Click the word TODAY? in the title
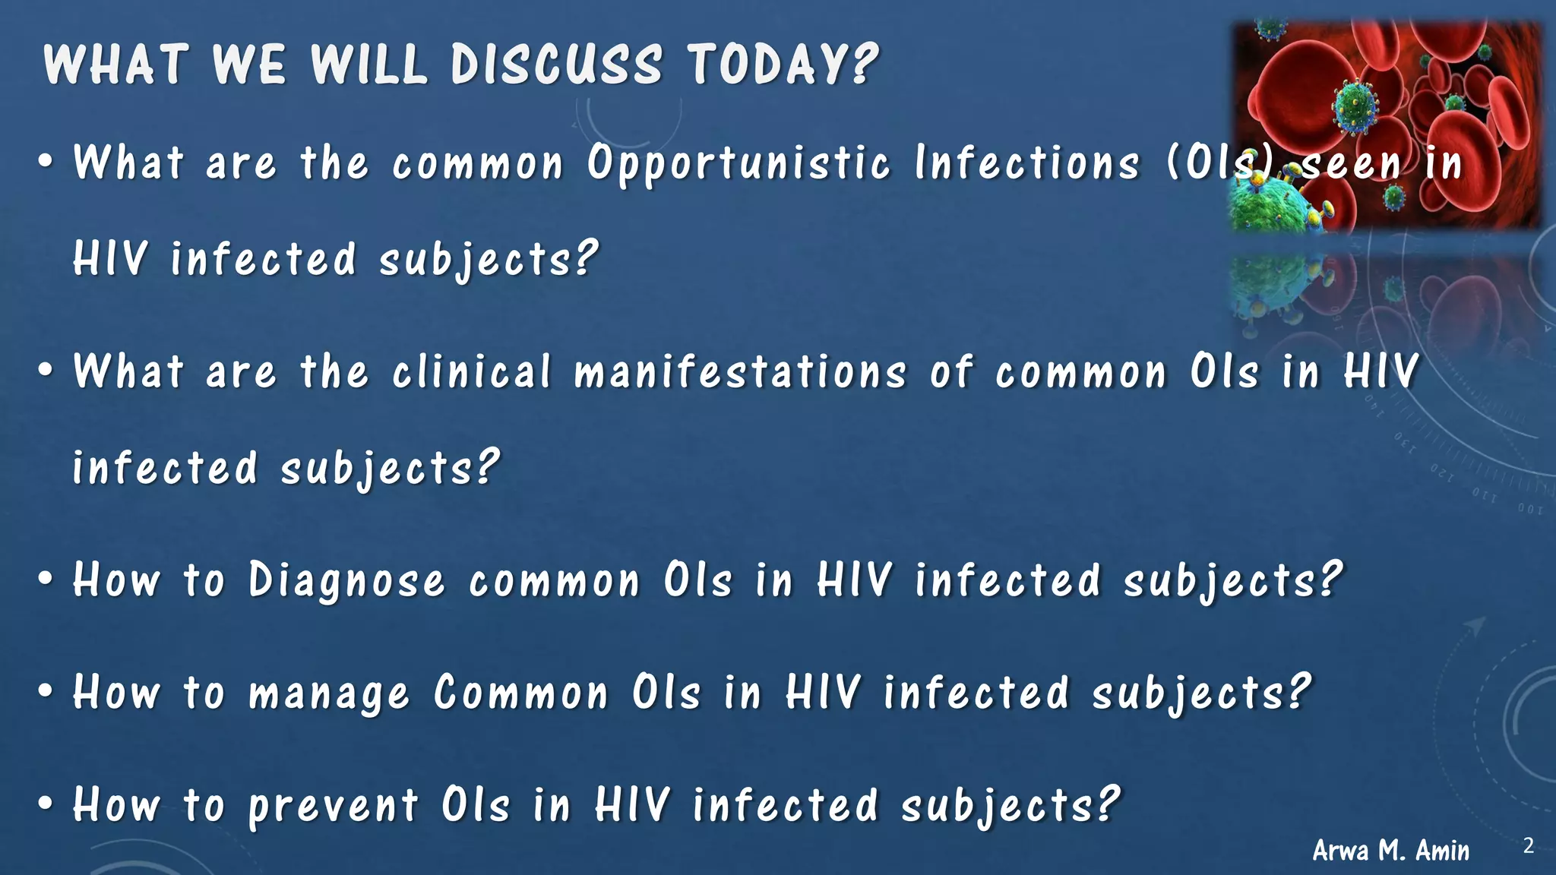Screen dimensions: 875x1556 tap(783, 64)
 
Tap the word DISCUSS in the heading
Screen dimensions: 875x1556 tap(556, 64)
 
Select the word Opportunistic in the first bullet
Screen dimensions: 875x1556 tap(738, 164)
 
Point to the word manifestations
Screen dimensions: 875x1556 tap(740, 372)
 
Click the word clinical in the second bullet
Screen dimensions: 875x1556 tap(471, 372)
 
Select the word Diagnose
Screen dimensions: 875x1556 tap(346, 582)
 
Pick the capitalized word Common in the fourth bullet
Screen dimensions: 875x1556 tap(521, 693)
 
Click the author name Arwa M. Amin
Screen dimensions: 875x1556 tap(1390, 850)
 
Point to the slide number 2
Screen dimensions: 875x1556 tap(1528, 845)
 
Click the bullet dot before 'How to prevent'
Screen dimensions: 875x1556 tap(46, 804)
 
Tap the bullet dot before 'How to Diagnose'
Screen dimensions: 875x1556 tap(46, 580)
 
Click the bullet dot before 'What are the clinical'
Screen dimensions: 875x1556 tap(46, 371)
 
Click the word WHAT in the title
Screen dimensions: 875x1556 tap(115, 64)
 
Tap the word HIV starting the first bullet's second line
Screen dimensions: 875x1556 tap(109, 259)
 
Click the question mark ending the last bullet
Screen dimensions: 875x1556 tap(1108, 804)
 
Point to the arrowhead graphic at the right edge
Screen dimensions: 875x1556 tap(1475, 626)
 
